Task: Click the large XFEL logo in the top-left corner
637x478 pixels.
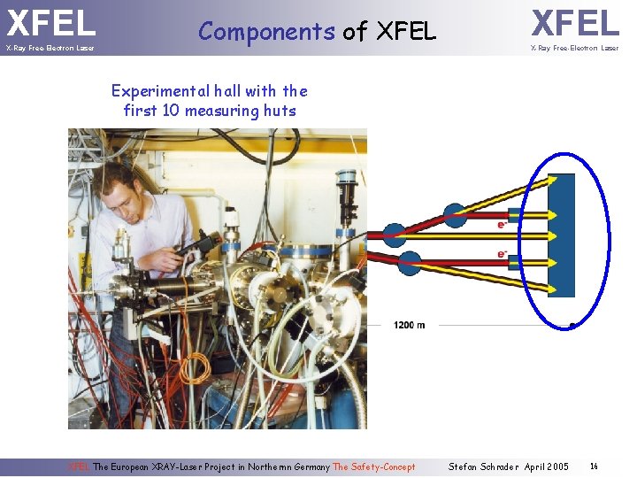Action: tap(51, 21)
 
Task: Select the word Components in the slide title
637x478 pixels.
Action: tap(266, 32)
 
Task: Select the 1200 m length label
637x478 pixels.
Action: tap(409, 325)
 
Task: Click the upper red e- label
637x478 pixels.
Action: tap(502, 225)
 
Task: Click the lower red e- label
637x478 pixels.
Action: tap(502, 255)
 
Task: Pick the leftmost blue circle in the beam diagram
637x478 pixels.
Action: tap(394, 235)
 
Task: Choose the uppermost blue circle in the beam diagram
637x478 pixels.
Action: tap(454, 214)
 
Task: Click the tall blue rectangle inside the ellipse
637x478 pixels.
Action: tap(561, 235)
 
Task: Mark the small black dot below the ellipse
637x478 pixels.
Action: tap(572, 325)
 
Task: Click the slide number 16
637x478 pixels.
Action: tap(595, 466)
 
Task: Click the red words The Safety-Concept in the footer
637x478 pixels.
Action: tap(374, 466)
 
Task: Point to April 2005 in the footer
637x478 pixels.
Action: tap(547, 466)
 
